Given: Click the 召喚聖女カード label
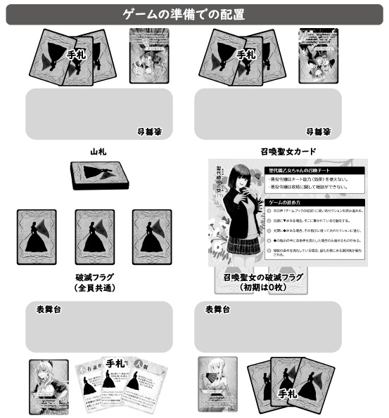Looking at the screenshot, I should click(x=288, y=151).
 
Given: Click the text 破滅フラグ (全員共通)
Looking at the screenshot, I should click(x=98, y=283).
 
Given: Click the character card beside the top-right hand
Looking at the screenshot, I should click(x=314, y=55).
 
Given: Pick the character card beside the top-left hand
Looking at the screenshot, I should click(x=146, y=55).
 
